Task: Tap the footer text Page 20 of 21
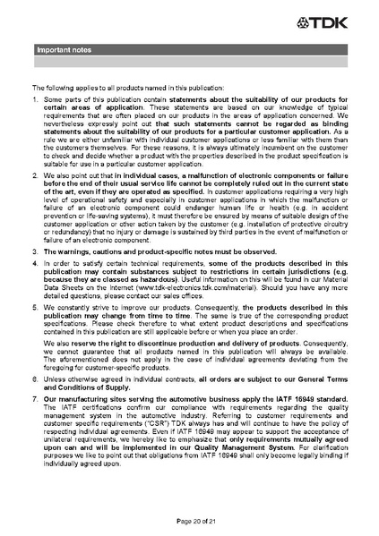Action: pyautogui.click(x=189, y=520)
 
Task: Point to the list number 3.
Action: pyautogui.click(x=36, y=278)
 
